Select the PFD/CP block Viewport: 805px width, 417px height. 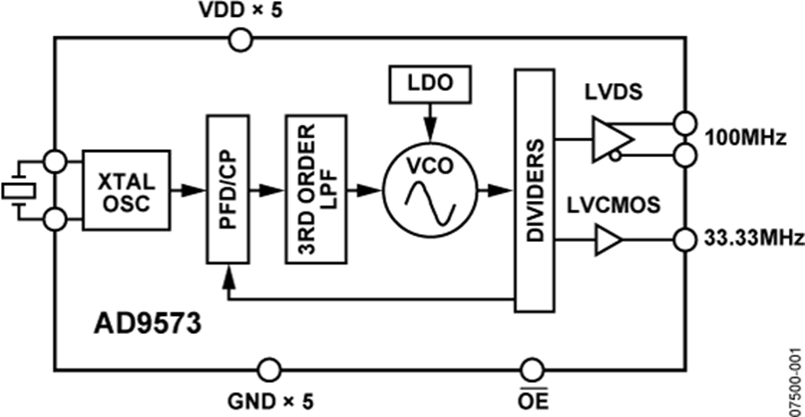point(226,188)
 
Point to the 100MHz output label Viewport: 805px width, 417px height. point(744,139)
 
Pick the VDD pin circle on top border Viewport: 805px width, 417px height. point(241,40)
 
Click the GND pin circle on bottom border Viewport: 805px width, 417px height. point(267,369)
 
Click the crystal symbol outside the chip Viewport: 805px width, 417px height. point(16,189)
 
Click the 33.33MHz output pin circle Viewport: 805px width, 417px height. point(685,239)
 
